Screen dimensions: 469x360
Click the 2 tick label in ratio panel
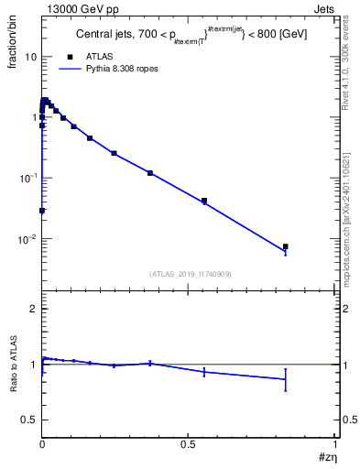point(34,310)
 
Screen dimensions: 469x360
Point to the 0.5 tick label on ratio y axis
point(30,420)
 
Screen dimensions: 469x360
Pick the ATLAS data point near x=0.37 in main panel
point(150,173)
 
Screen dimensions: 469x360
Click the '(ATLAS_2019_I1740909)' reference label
point(190,275)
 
